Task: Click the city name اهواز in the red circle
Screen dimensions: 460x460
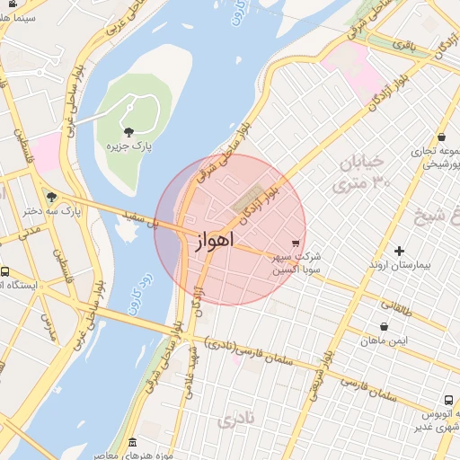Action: pyautogui.click(x=213, y=241)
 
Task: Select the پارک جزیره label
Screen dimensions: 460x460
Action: pyautogui.click(x=127, y=146)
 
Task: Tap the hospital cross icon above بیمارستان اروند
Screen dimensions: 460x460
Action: pyautogui.click(x=399, y=251)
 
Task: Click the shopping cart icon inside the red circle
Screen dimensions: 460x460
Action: pyautogui.click(x=295, y=243)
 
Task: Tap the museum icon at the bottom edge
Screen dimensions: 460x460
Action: pyautogui.click(x=133, y=443)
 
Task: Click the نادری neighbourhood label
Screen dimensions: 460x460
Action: pyautogui.click(x=242, y=419)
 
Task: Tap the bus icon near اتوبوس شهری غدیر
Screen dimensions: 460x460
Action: pyautogui.click(x=447, y=400)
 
